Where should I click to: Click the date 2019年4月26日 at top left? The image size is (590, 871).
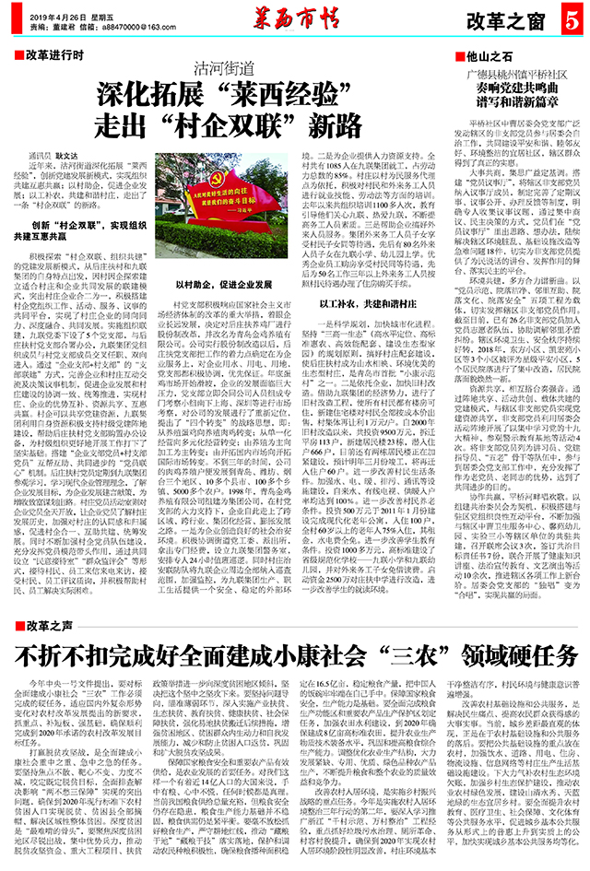tap(57, 18)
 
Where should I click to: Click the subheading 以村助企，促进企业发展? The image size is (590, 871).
tap(217, 287)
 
